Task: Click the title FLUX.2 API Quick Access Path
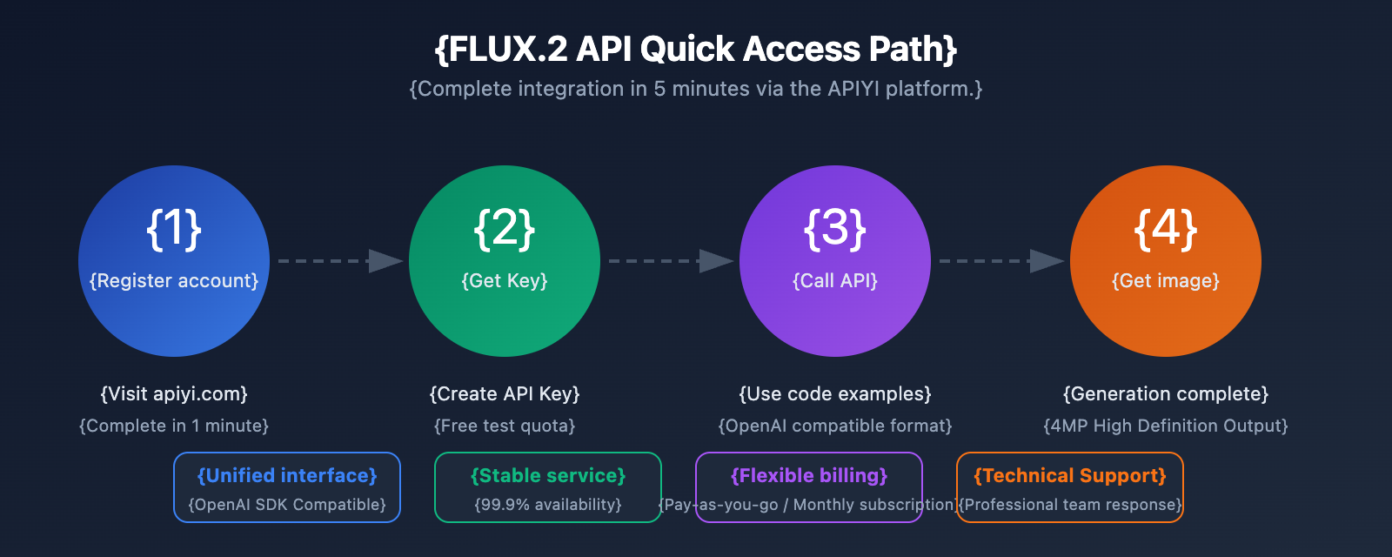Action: point(696,50)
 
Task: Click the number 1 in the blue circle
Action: point(174,229)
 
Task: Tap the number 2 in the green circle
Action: point(505,229)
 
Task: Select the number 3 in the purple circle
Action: point(835,229)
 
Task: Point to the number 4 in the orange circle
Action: point(1166,229)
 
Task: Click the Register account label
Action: point(174,281)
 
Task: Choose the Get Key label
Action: point(505,281)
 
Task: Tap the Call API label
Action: point(835,281)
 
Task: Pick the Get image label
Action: point(1166,281)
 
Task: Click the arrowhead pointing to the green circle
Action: point(385,261)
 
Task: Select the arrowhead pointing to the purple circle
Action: point(716,261)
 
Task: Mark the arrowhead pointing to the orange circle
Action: point(1047,261)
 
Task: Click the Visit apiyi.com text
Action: point(174,394)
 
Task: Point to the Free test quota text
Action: point(505,426)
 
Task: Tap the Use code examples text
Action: point(835,394)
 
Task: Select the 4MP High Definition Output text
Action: point(1166,426)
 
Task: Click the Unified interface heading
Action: point(287,476)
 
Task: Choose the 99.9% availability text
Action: point(548,505)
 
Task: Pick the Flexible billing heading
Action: point(809,476)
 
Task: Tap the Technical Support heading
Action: point(1070,476)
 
